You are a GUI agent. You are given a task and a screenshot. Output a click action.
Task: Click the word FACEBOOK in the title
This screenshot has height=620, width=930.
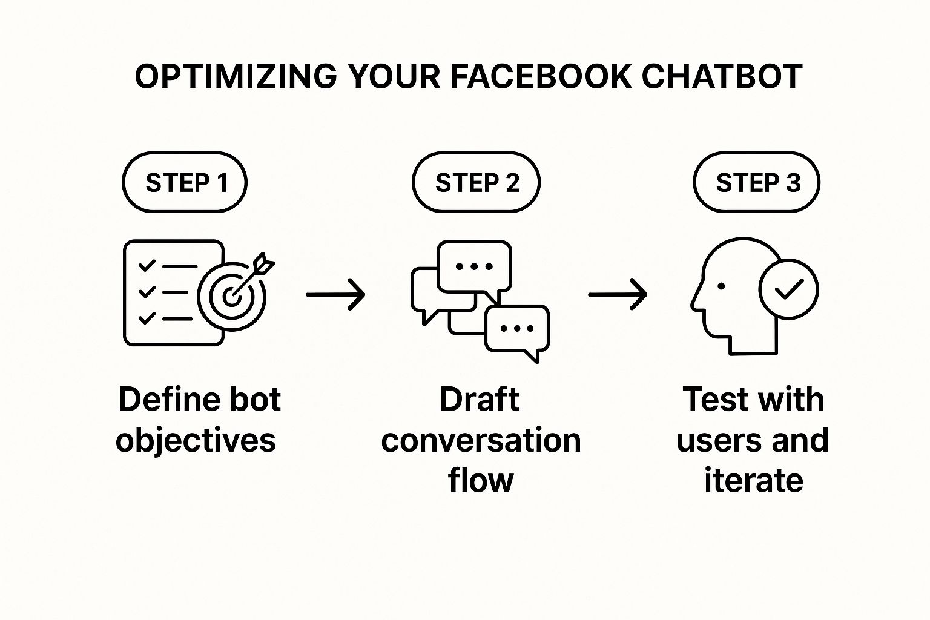pyautogui.click(x=541, y=77)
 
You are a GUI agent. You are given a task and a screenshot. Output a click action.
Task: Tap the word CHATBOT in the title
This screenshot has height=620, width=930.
pyautogui.click(x=722, y=77)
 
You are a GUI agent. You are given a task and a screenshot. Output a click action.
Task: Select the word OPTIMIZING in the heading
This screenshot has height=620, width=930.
pyautogui.click(x=236, y=77)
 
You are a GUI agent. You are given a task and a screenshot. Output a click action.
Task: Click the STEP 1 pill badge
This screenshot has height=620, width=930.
pyautogui.click(x=185, y=182)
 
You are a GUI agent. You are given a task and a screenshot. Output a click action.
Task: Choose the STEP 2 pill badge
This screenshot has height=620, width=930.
pyautogui.click(x=477, y=182)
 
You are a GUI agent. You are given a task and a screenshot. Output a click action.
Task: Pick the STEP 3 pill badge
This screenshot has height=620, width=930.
pyautogui.click(x=756, y=182)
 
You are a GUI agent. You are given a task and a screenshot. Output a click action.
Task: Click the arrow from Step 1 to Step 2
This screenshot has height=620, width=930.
pyautogui.click(x=335, y=294)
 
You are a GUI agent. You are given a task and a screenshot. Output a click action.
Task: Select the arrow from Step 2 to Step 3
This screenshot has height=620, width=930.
pyautogui.click(x=618, y=294)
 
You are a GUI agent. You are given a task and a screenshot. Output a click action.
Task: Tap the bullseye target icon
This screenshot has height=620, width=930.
pyautogui.click(x=232, y=296)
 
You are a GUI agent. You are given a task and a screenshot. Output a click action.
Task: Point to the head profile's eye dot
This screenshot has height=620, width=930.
pyautogui.click(x=721, y=286)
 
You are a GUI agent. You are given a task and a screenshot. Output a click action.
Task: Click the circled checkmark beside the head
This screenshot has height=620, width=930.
pyautogui.click(x=788, y=289)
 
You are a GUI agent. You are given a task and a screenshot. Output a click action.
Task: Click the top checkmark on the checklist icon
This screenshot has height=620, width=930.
pyautogui.click(x=147, y=265)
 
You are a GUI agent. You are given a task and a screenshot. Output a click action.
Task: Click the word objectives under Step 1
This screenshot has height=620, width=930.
pyautogui.click(x=196, y=441)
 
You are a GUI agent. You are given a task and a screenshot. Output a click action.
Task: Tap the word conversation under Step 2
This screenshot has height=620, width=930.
pyautogui.click(x=481, y=440)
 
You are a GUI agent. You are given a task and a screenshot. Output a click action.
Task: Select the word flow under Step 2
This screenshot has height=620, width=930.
pyautogui.click(x=481, y=480)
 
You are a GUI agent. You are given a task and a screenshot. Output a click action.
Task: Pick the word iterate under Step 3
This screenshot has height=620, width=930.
pyautogui.click(x=754, y=481)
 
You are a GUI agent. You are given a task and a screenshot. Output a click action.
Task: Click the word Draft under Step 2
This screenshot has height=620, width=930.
pyautogui.click(x=480, y=399)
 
